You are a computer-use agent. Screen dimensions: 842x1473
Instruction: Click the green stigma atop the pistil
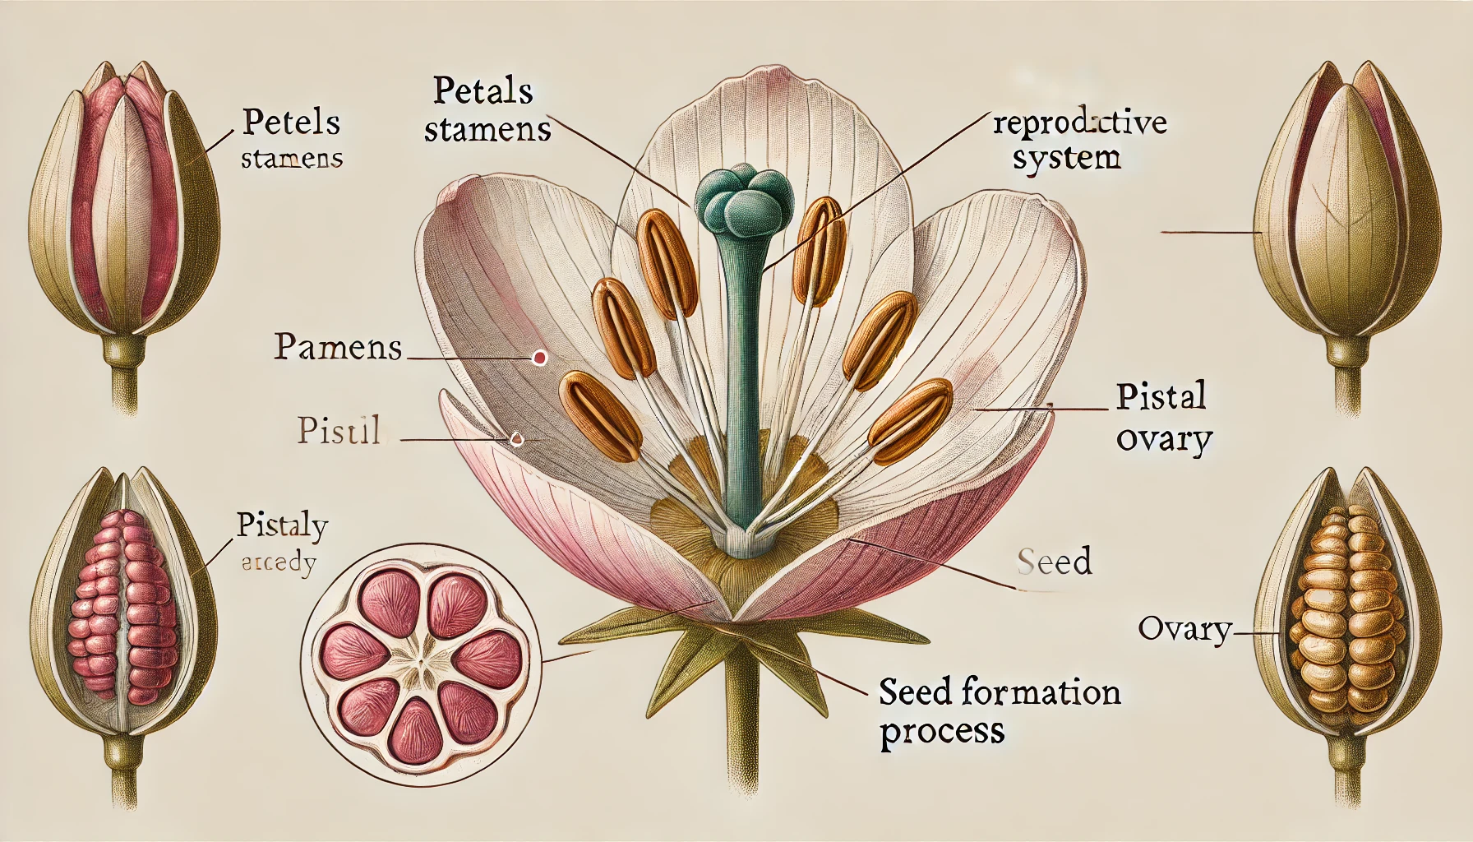point(745,201)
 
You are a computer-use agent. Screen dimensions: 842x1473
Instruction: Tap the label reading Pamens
point(338,347)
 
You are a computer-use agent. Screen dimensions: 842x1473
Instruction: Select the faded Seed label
point(1054,562)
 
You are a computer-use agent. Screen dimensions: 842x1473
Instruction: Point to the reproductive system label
point(1079,140)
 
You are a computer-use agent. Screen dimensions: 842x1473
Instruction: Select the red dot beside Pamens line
point(540,358)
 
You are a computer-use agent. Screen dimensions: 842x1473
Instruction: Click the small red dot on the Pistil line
point(516,439)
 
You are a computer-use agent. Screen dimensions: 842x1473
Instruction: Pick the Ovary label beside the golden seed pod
point(1184,630)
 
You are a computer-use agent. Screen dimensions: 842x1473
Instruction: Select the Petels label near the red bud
point(291,123)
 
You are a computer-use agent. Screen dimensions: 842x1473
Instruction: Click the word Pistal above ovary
point(1161,396)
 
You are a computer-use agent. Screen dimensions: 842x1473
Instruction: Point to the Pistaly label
point(282,525)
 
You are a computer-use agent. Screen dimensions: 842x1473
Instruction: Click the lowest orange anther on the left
point(600,414)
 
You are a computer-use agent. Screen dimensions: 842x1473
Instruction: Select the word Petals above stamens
point(483,90)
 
